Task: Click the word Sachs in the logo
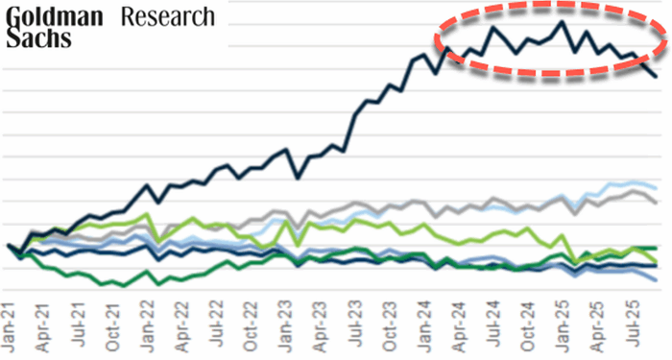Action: (36, 38)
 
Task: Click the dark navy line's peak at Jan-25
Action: (563, 21)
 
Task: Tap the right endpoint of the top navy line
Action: (656, 77)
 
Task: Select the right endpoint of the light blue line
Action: (656, 186)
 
